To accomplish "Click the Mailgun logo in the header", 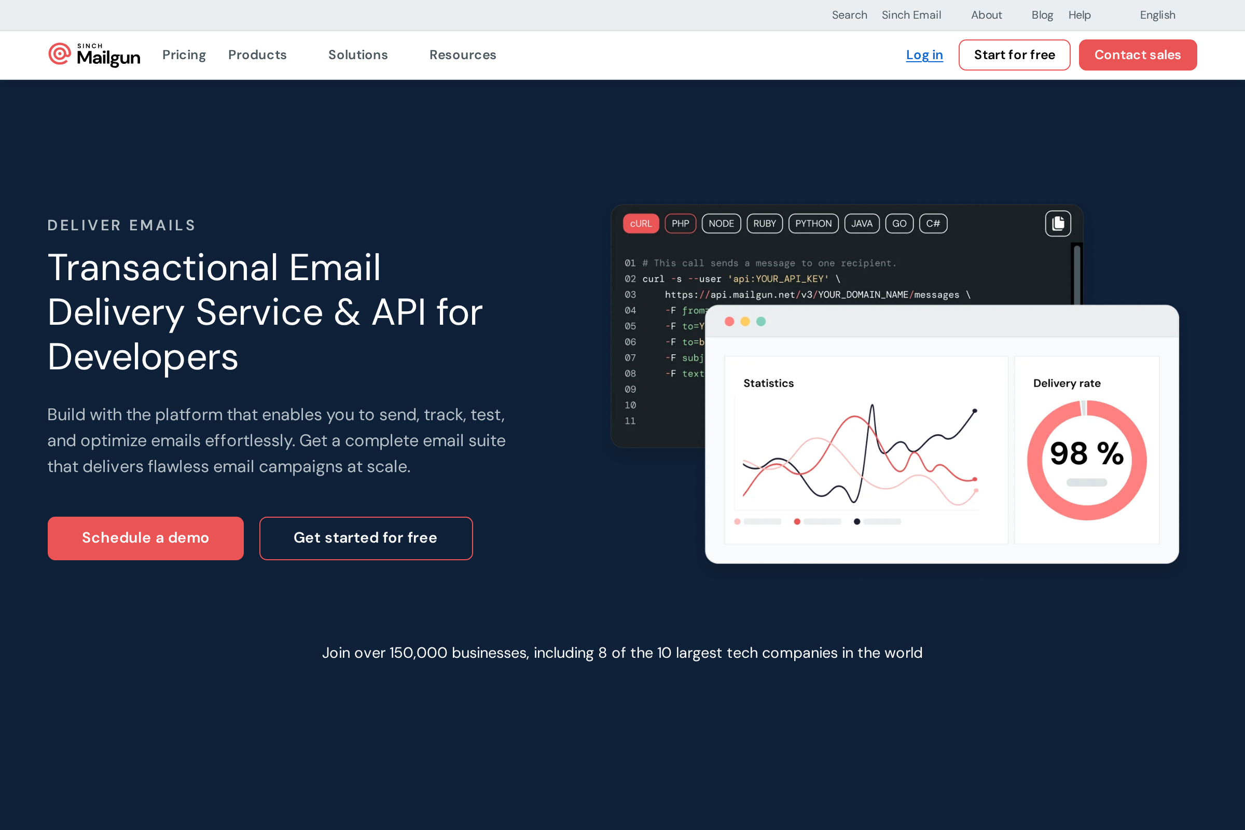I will pyautogui.click(x=94, y=55).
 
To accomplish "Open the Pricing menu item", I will pyautogui.click(x=184, y=55).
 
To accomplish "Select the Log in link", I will pyautogui.click(x=924, y=55).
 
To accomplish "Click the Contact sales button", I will pyautogui.click(x=1138, y=55).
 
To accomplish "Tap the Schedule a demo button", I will pyautogui.click(x=146, y=538).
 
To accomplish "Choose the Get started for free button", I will pyautogui.click(x=366, y=538).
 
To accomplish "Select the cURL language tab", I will pyautogui.click(x=641, y=224).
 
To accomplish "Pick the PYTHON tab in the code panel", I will pyautogui.click(x=813, y=224).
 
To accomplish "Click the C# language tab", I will pyautogui.click(x=933, y=224).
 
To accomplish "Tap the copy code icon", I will pyautogui.click(x=1058, y=224).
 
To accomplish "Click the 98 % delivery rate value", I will pyautogui.click(x=1086, y=453).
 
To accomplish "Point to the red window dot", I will pyautogui.click(x=729, y=321).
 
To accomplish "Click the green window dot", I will pyautogui.click(x=760, y=321).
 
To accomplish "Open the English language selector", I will pyautogui.click(x=1157, y=15).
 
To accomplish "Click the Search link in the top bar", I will pyautogui.click(x=849, y=15).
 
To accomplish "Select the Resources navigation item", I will pyautogui.click(x=463, y=55).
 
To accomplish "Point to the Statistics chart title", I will pyautogui.click(x=768, y=383).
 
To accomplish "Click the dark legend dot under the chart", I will pyautogui.click(x=856, y=521).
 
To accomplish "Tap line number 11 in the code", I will pyautogui.click(x=630, y=421).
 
